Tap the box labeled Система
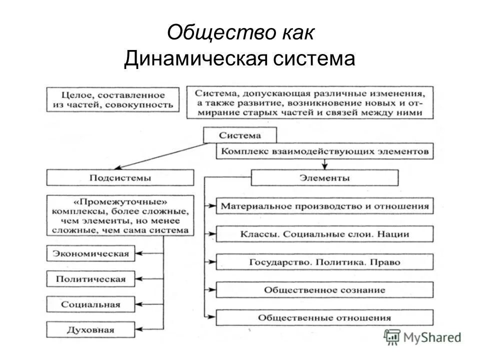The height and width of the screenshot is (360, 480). [239, 135]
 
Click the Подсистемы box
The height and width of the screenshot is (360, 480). [120, 177]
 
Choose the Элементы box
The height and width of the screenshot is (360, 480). [324, 177]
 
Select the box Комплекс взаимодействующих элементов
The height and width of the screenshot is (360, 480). [324, 151]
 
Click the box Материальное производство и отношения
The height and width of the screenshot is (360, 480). [324, 205]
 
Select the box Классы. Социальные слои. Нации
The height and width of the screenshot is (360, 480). [324, 233]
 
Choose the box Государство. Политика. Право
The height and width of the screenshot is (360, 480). [324, 261]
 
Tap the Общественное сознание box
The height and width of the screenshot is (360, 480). [324, 289]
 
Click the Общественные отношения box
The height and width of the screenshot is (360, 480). [324, 317]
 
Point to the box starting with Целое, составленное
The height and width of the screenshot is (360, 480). [112, 99]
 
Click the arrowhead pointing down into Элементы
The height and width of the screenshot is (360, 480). [325, 166]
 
